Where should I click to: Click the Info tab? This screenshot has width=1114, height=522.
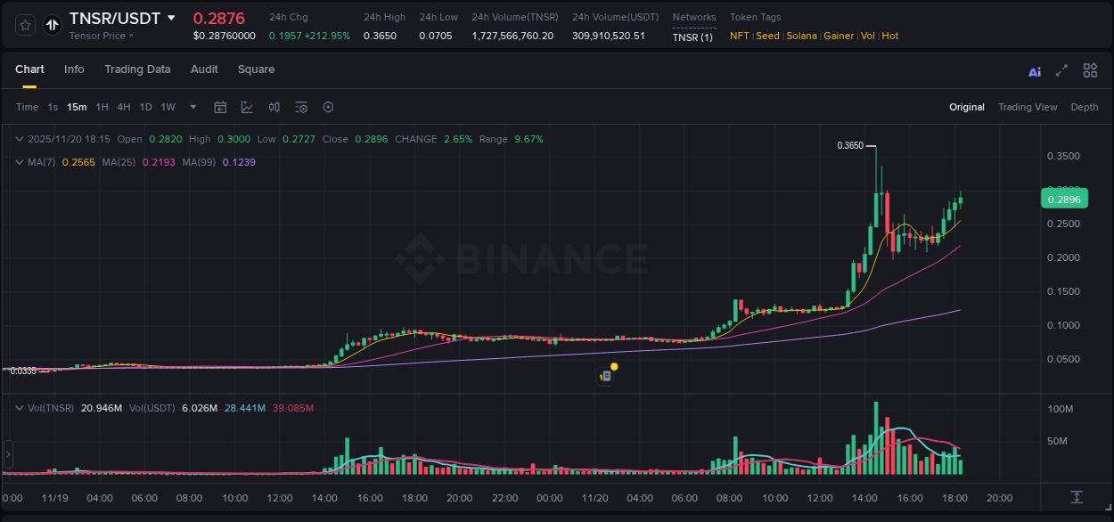[74, 69]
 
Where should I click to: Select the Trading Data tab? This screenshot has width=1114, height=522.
[137, 69]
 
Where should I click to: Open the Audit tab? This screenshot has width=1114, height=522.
[204, 69]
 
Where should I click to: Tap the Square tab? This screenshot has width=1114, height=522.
[256, 69]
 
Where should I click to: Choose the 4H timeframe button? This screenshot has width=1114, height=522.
[124, 107]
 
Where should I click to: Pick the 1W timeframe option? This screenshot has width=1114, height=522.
[168, 107]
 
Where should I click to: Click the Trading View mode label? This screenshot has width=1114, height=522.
[1028, 107]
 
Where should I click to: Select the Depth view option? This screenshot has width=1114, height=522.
[1085, 107]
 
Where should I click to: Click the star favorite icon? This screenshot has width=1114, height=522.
[26, 25]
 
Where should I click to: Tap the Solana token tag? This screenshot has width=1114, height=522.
[801, 36]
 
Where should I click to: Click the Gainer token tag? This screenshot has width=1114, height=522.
[839, 36]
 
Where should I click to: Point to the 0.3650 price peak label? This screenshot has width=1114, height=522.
[850, 145]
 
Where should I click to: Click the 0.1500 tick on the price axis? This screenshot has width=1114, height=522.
[1063, 291]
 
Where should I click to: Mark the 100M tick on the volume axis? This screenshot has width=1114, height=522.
[1061, 409]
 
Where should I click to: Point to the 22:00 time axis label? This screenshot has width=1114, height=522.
[504, 498]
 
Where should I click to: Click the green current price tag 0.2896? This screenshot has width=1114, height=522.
[1063, 200]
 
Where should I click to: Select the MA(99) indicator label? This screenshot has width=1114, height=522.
[200, 162]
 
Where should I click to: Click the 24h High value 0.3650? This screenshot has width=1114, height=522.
[384, 36]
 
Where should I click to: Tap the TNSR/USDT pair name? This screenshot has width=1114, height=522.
[115, 19]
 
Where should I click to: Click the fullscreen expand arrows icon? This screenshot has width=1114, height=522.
[1061, 70]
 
